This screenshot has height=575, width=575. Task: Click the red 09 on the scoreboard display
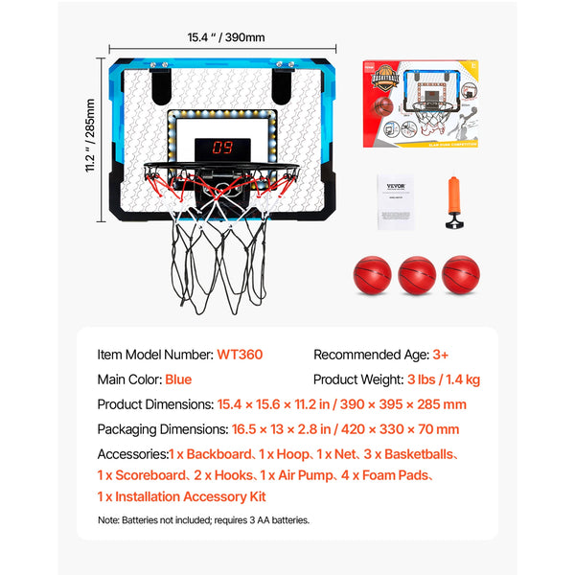pyautogui.click(x=222, y=149)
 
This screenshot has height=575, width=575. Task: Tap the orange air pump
pyautogui.click(x=453, y=202)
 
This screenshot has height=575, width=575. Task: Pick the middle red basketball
pyautogui.click(x=417, y=274)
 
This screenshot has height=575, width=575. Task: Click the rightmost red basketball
pyautogui.click(x=461, y=274)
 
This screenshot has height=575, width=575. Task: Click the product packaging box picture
pyautogui.click(x=421, y=103)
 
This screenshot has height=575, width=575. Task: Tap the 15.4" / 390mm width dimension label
pyautogui.click(x=225, y=38)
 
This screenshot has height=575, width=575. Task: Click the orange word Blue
pyautogui.click(x=178, y=379)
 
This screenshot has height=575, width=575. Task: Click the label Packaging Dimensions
pyautogui.click(x=161, y=429)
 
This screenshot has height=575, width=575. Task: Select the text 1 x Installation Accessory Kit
pyautogui.click(x=181, y=496)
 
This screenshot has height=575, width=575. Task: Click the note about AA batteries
pyautogui.click(x=203, y=520)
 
